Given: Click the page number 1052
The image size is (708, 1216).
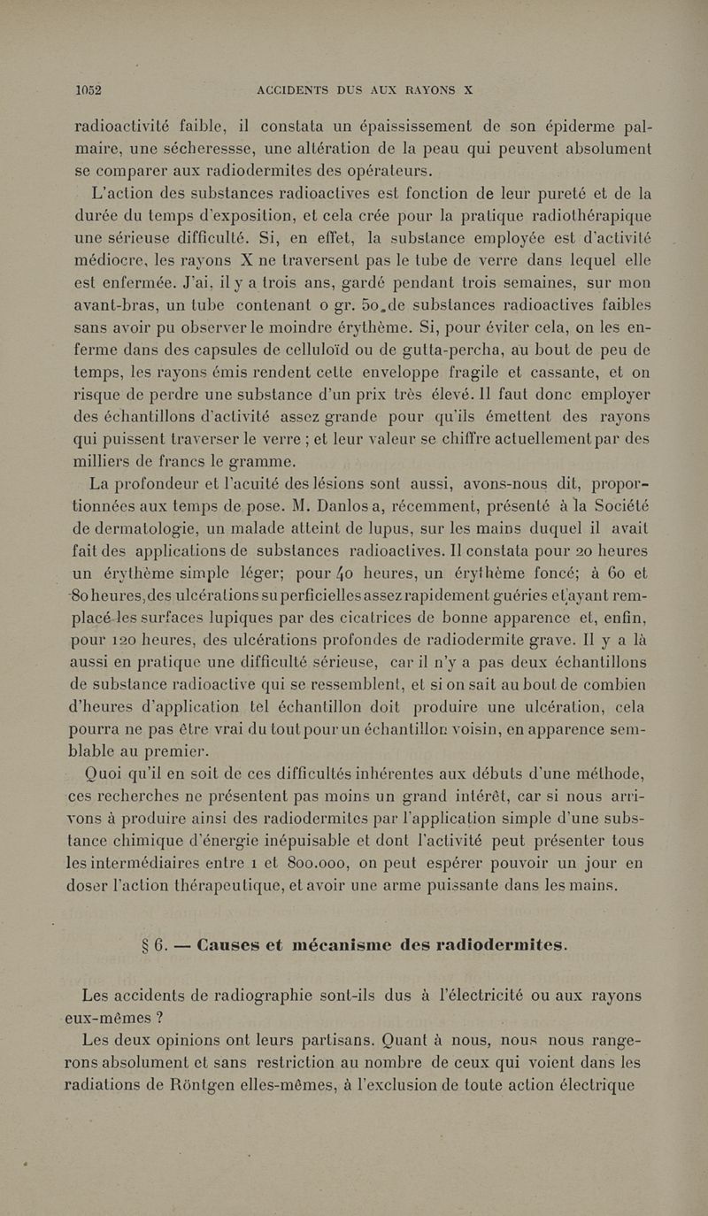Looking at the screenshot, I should [x=89, y=89].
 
